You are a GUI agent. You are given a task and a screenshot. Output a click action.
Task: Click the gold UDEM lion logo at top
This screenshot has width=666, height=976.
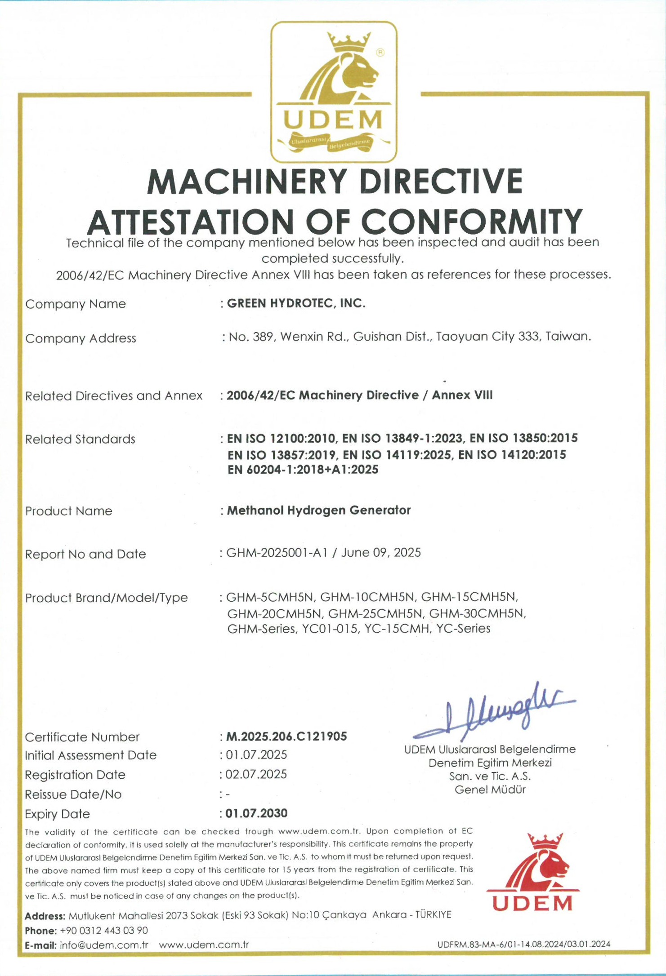click(334, 92)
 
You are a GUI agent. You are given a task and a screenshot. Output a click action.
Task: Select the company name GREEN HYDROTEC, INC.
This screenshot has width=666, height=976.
click(296, 303)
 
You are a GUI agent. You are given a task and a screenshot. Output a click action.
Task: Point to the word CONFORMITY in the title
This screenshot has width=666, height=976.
click(472, 222)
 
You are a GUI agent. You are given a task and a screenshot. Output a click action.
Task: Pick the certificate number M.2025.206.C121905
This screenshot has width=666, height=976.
click(286, 736)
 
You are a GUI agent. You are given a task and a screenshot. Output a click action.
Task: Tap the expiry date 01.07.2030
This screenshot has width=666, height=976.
click(256, 813)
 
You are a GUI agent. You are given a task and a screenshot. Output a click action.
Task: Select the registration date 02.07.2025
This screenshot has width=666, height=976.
click(256, 774)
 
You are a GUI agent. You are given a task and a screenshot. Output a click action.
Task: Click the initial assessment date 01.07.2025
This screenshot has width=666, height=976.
click(256, 754)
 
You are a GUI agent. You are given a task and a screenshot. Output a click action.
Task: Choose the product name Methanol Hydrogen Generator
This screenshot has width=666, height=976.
click(318, 510)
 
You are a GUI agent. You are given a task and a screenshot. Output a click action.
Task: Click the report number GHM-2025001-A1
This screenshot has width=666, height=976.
click(277, 552)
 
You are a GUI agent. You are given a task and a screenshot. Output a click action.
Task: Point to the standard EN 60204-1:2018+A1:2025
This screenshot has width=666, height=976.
click(303, 470)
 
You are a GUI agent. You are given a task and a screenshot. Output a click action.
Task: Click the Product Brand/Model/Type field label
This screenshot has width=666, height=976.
click(107, 598)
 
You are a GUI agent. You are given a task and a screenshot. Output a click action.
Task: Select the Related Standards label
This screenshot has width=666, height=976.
click(80, 439)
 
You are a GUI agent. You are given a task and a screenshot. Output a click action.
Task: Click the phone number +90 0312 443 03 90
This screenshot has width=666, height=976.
click(104, 930)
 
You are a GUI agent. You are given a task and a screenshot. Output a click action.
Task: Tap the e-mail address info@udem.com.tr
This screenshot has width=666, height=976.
click(104, 945)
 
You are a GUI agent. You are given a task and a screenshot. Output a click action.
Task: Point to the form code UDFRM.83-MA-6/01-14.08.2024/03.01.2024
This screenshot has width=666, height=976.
click(524, 944)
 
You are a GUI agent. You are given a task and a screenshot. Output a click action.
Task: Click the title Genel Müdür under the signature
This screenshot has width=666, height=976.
click(490, 790)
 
